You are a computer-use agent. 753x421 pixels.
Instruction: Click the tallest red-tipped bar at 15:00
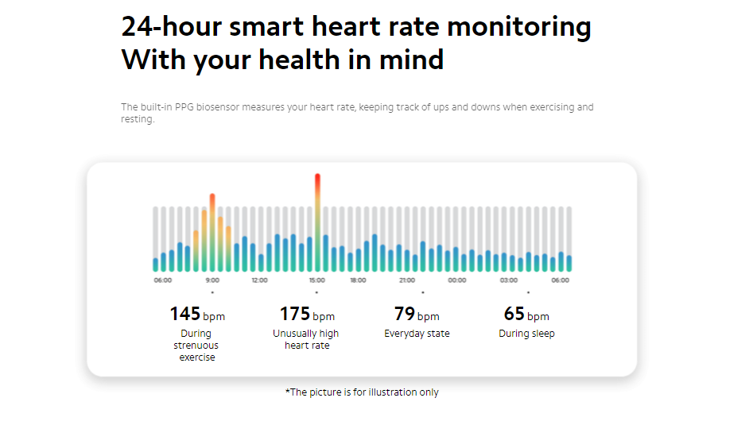tap(317, 222)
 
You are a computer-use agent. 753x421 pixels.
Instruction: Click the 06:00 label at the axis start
tap(162, 280)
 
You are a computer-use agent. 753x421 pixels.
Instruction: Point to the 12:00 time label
tap(259, 280)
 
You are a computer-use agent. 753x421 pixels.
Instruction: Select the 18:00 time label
tap(358, 280)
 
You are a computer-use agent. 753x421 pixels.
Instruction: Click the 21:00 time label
tap(407, 280)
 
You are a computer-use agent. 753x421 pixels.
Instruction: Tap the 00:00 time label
tap(457, 280)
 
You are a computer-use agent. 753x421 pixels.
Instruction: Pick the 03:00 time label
tap(509, 280)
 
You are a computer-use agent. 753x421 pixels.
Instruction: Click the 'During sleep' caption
tap(526, 334)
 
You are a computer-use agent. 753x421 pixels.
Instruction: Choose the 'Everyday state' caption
tap(417, 334)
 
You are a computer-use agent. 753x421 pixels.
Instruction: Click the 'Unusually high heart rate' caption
tap(306, 339)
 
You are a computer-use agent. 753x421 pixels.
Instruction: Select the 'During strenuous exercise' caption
tap(196, 346)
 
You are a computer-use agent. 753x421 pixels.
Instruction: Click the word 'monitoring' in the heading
tap(518, 26)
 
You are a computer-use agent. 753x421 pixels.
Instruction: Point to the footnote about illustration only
tap(362, 392)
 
